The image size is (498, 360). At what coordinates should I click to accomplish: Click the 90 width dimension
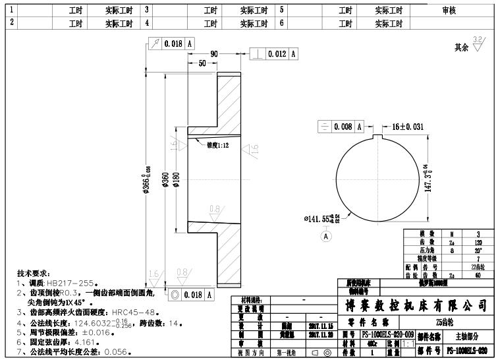pos(213,53)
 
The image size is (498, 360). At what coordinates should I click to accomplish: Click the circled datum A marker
pos(326,235)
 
